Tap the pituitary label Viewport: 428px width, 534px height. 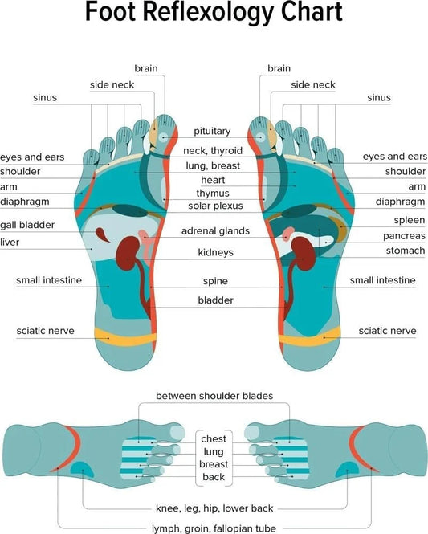(212, 132)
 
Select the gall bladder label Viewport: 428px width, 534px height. (27, 225)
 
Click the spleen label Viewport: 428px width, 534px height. (410, 220)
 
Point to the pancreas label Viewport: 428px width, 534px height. (404, 236)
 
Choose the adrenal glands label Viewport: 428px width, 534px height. (215, 231)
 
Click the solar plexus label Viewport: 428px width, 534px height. (215, 206)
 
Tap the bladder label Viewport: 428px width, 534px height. (215, 300)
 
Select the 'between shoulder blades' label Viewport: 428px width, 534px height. (214, 396)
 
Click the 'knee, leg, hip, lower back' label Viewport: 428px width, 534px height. (214, 508)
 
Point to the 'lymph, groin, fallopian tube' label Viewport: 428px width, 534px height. (214, 528)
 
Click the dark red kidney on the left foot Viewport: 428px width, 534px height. (128, 253)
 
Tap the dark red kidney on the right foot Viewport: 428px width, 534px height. (303, 254)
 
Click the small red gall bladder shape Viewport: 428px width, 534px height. (101, 234)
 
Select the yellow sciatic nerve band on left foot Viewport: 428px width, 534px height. (125, 337)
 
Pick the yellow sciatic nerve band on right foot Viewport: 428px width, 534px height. (309, 337)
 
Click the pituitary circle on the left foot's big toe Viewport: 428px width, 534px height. (164, 137)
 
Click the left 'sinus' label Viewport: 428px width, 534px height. (45, 98)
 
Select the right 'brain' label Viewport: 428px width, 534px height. (279, 68)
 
